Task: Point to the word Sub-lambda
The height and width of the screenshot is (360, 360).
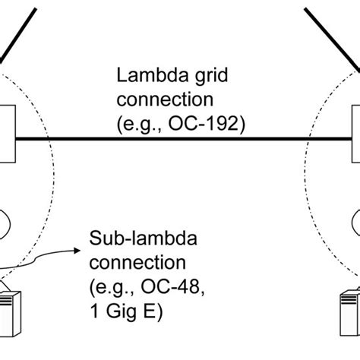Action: click(x=133, y=240)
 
